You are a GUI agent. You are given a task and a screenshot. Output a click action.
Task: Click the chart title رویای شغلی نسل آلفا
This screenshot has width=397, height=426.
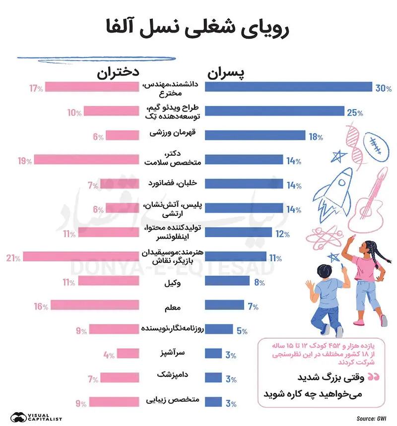coord(198,29)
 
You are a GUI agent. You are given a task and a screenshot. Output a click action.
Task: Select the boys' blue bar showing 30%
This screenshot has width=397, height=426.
coord(288,87)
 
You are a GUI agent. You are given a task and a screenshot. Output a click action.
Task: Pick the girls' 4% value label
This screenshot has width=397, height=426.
coord(109,355)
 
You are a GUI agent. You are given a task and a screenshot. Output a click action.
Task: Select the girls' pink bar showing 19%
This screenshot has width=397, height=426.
coord(86,160)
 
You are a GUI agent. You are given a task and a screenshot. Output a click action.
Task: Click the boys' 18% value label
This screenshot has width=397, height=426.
coord(316,136)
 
